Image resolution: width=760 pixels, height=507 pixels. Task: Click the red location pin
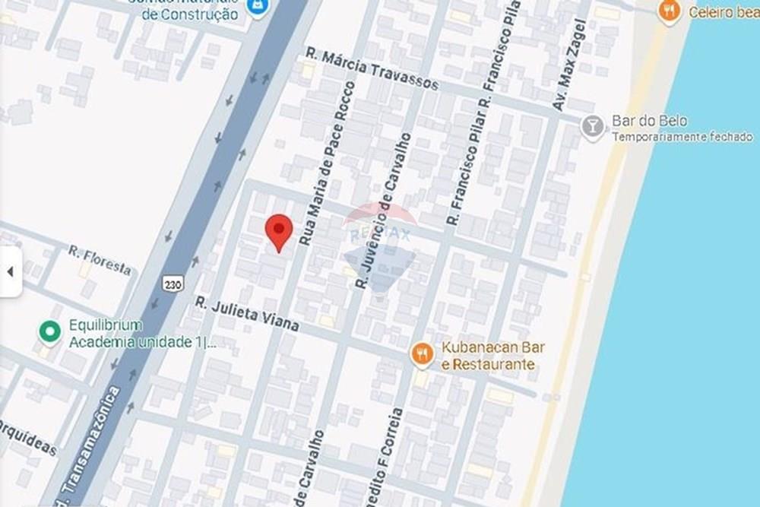pyautogui.click(x=279, y=230)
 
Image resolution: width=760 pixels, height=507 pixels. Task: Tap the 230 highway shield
pyautogui.click(x=173, y=284)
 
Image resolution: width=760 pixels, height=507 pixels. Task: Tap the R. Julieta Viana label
pyautogui.click(x=246, y=314)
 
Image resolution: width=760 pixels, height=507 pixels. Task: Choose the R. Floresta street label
pyautogui.click(x=99, y=260)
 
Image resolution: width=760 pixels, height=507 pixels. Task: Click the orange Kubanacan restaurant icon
pyautogui.click(x=422, y=353)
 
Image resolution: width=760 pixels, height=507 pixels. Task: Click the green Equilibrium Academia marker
pyautogui.click(x=50, y=331)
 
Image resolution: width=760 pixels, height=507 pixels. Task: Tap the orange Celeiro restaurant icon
pyautogui.click(x=669, y=11)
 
